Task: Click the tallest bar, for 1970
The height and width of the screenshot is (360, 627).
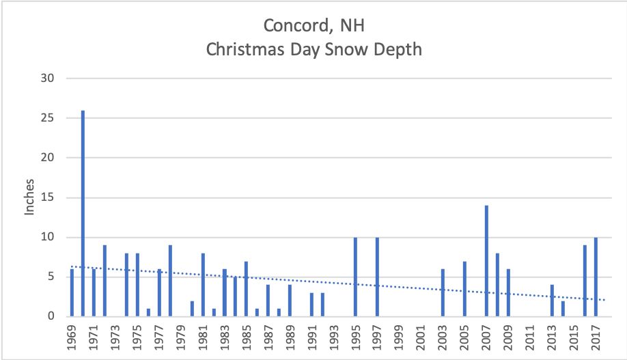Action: pos(83,213)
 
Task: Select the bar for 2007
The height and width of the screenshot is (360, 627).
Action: pos(486,261)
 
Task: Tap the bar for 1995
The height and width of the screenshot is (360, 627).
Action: pos(355,277)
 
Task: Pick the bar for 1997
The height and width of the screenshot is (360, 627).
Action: pos(377,277)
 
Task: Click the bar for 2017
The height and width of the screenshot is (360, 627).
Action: pos(596,277)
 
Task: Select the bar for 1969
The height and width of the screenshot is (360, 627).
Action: pos(72,292)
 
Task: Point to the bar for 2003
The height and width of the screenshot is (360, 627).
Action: pos(443,292)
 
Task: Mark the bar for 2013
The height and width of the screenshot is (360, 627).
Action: pos(552,301)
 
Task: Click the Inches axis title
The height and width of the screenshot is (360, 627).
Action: pos(29,198)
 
